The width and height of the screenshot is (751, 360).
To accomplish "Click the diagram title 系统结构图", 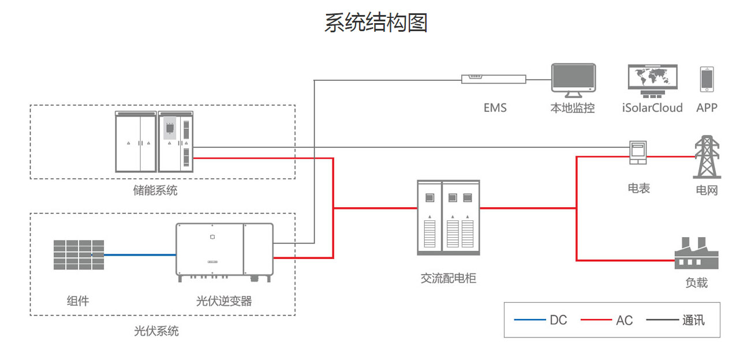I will click(375, 23).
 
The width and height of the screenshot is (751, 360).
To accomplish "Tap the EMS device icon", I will click(494, 78).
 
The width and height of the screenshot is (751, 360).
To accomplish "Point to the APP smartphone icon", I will click(707, 79).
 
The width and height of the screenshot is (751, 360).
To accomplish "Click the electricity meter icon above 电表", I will click(637, 153).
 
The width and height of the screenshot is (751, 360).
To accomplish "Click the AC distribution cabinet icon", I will click(449, 217).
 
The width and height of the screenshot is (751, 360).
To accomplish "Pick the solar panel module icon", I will click(79, 254).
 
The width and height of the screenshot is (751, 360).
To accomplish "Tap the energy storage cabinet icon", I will click(155, 141).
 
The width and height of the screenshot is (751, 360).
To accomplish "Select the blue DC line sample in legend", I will click(529, 320).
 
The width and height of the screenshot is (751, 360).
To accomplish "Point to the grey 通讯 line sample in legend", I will click(662, 320).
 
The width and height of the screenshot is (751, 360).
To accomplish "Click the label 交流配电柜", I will click(449, 278).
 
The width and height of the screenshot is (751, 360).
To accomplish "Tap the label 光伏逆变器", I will click(224, 301).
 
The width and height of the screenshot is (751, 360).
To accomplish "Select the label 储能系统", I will click(155, 190).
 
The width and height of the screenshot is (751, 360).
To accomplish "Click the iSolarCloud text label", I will click(652, 108).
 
